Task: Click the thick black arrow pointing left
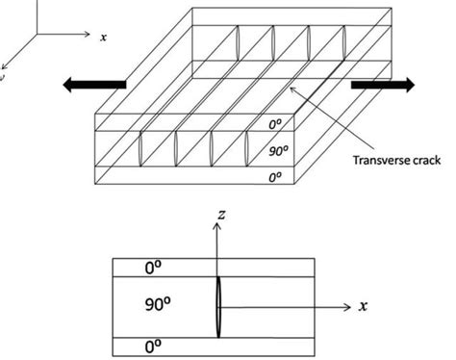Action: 93,85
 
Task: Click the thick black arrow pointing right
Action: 382,85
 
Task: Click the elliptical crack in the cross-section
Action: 219,306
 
